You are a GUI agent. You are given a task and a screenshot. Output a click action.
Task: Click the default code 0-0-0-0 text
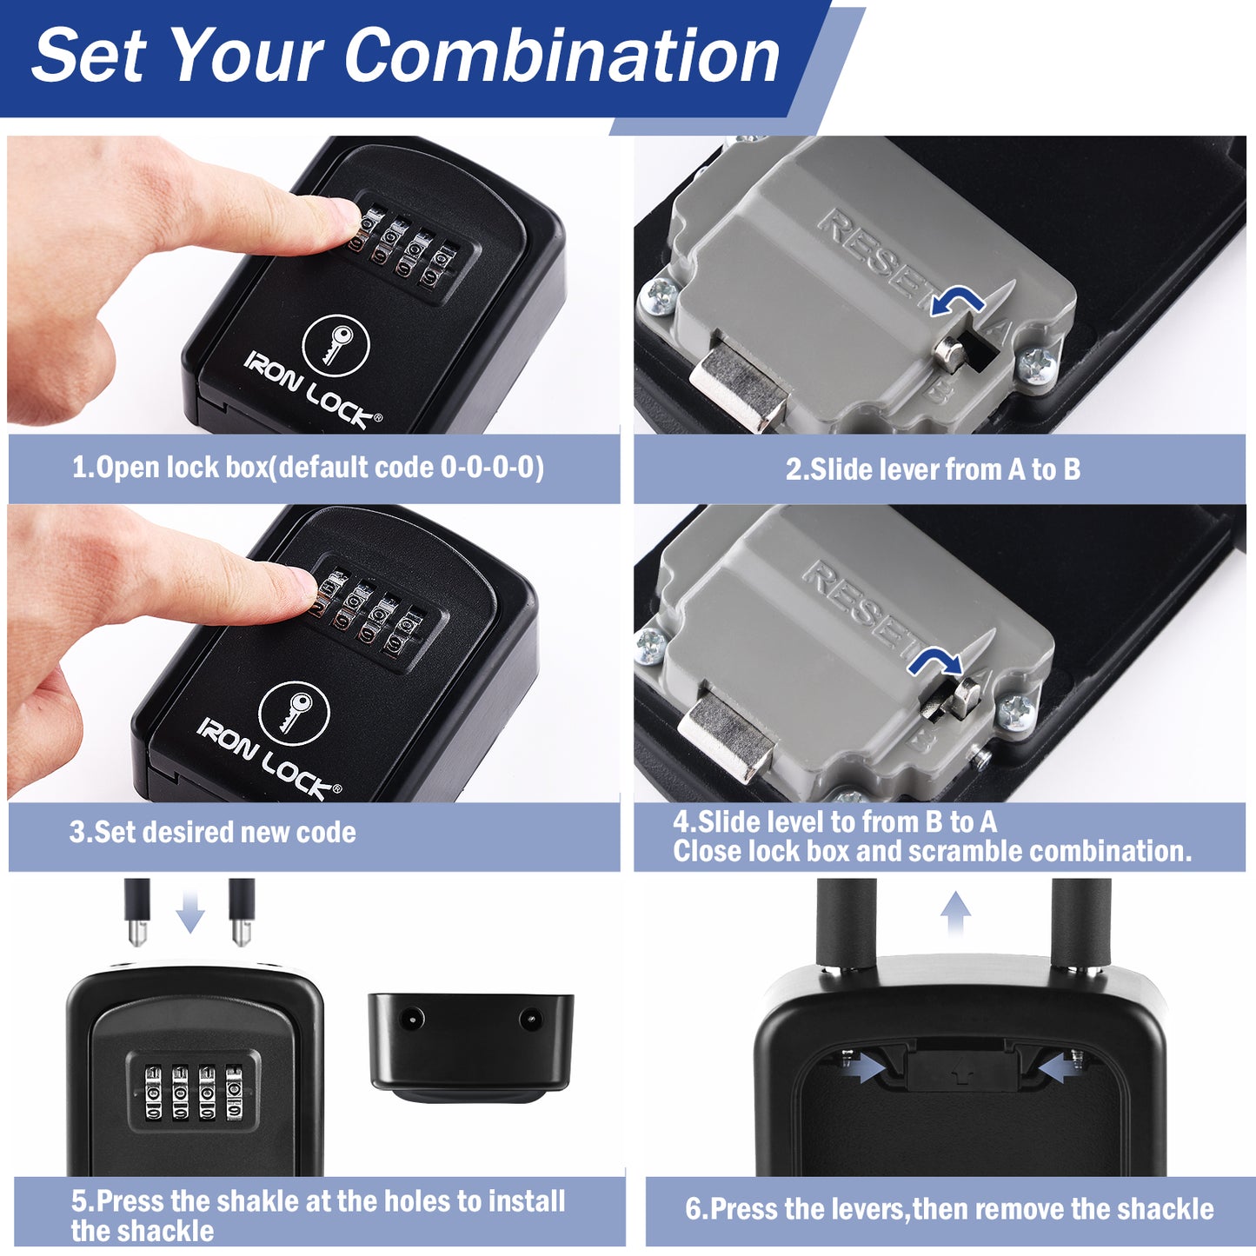[x=491, y=469]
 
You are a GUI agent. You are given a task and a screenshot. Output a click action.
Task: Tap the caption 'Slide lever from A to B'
[x=933, y=470]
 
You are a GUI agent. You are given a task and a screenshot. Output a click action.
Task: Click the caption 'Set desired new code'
[x=213, y=833]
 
